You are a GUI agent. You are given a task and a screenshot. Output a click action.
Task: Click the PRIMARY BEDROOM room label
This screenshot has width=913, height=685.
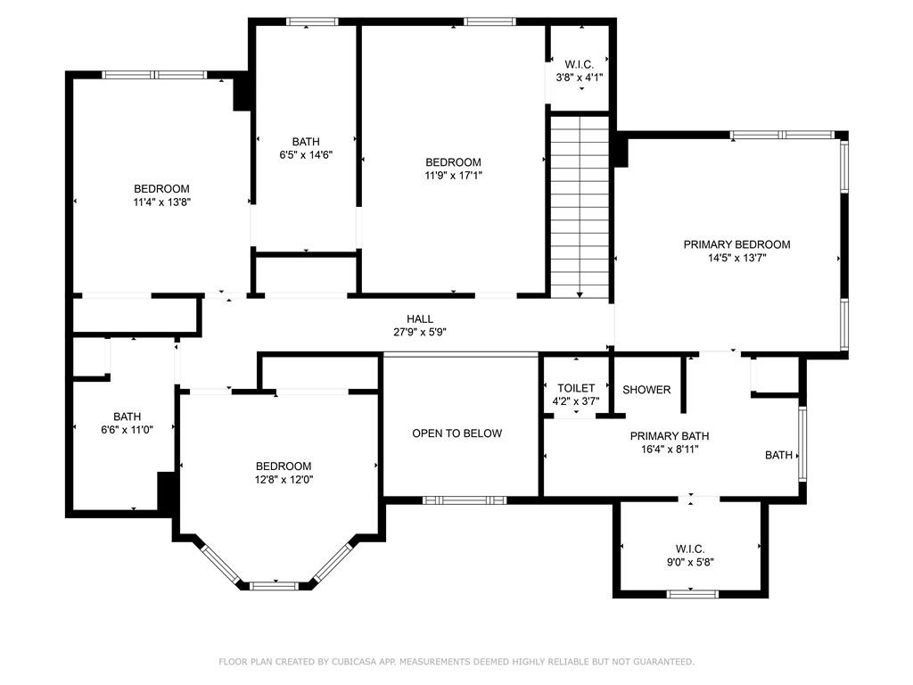point(736,244)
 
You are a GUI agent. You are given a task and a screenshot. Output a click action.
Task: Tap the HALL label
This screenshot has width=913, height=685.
point(420,319)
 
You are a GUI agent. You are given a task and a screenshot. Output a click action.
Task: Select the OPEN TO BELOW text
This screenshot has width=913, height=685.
point(457,433)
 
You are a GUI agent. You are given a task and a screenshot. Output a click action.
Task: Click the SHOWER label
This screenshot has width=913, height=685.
point(646,390)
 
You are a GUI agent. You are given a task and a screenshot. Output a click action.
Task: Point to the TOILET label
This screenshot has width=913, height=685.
point(576,388)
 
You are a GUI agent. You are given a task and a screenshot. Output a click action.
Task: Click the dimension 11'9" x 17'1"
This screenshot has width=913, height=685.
point(454,176)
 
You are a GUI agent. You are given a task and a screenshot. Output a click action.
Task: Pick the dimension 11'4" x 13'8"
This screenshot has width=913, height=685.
point(162,202)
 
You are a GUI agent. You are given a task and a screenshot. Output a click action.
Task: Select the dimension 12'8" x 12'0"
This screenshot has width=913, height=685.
point(284,479)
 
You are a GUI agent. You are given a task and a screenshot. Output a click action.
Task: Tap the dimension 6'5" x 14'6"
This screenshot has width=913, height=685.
point(306,155)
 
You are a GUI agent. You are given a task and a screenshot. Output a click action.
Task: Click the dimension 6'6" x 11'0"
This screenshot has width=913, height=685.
point(127,430)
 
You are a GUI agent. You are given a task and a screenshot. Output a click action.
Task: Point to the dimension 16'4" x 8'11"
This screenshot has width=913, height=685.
point(670,450)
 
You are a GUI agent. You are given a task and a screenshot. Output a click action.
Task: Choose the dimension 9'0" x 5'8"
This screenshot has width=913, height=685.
point(691,562)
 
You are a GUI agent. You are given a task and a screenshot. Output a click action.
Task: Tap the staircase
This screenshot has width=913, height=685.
point(580,207)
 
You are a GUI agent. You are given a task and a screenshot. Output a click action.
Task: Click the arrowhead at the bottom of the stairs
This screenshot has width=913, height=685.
point(580,295)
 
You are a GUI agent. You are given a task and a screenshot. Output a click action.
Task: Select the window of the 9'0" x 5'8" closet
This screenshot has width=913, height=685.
point(692,594)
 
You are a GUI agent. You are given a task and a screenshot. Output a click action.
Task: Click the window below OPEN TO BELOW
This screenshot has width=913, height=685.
point(465,500)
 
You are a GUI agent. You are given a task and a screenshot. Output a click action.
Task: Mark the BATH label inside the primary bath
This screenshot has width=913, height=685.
point(778,456)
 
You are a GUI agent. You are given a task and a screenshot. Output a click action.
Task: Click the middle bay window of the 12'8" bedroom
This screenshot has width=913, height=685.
point(275,585)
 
